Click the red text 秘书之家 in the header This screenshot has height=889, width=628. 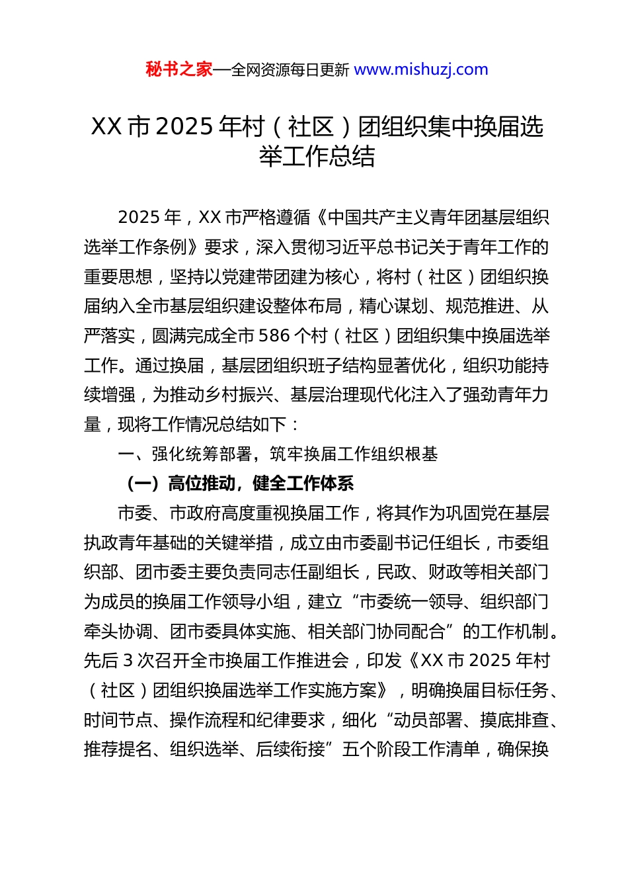pyautogui.click(x=179, y=69)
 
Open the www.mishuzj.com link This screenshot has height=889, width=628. pyautogui.click(x=421, y=69)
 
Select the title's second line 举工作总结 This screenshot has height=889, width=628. pyautogui.click(x=317, y=157)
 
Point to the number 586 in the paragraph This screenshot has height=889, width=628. pyautogui.click(x=274, y=336)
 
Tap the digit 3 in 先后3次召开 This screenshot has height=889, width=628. pyautogui.click(x=128, y=661)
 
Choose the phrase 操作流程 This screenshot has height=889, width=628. pyautogui.click(x=204, y=720)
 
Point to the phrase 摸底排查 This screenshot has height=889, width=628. pyautogui.click(x=514, y=720)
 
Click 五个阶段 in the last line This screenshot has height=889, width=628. pyautogui.click(x=377, y=749)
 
